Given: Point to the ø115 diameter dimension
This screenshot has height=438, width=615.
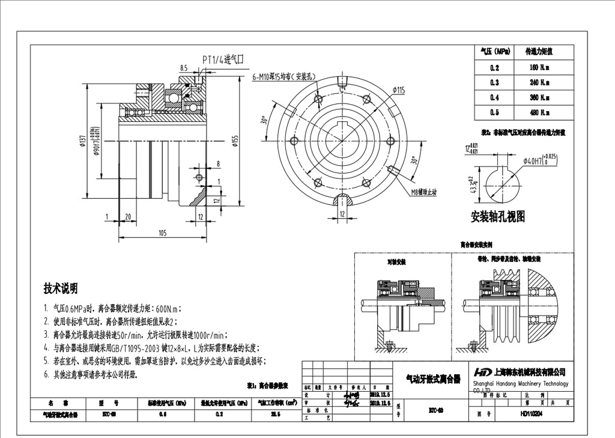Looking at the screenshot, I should click(x=399, y=90).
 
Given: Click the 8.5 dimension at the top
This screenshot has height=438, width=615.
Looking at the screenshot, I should click(x=183, y=68).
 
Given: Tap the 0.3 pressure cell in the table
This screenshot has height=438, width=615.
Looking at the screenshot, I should click(x=494, y=82).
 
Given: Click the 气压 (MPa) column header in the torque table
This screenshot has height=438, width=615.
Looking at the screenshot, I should click(x=494, y=52).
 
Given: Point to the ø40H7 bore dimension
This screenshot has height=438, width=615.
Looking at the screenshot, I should click(x=540, y=160).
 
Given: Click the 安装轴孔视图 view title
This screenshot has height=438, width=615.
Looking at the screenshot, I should click(x=498, y=216).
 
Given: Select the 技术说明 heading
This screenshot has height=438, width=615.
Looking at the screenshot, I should click(x=60, y=288).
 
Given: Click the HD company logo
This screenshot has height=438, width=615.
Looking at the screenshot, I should click(x=482, y=372).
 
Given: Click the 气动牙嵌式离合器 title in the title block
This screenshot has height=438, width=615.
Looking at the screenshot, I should click(x=433, y=379).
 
